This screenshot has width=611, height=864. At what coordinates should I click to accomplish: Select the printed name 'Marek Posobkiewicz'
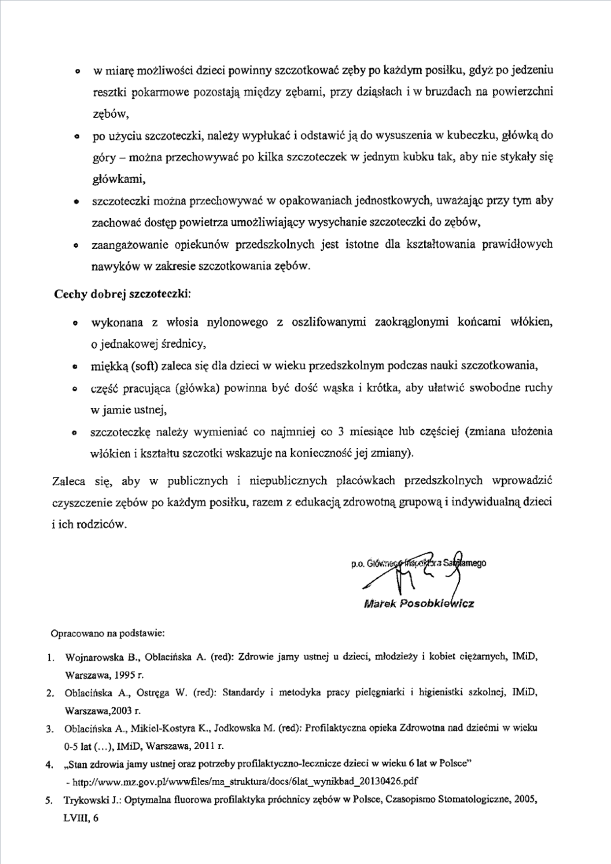(x=418, y=603)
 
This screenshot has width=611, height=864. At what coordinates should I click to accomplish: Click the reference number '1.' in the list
(x=50, y=658)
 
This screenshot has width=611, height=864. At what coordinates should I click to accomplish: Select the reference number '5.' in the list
(x=49, y=801)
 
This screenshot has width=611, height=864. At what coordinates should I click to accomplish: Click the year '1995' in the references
(x=121, y=675)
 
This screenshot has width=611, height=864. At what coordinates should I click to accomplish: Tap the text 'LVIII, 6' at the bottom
(x=81, y=818)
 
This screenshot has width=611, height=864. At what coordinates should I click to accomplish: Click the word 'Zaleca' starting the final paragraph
(x=68, y=481)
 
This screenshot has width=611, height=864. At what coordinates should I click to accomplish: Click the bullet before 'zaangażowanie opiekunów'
(x=76, y=245)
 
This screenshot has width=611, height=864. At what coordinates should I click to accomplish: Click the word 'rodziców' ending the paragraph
(x=105, y=524)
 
